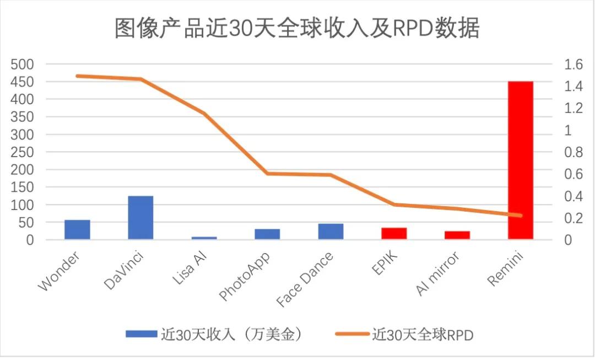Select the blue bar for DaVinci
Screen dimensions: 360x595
[140, 217]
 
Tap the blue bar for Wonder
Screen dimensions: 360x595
[77, 229]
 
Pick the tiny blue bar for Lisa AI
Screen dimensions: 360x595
[204, 238]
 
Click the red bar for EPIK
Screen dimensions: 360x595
[394, 233]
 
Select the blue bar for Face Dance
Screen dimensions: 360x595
[331, 231]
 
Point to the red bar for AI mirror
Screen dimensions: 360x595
[457, 235]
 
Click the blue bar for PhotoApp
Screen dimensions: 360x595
[267, 234]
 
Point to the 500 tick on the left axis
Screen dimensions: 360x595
[23, 65]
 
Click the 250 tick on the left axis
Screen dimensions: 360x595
[23, 152]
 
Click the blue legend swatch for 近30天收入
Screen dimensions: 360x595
[141, 334]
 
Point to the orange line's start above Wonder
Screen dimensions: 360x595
[77, 76]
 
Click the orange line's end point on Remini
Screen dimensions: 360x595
[520, 216]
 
